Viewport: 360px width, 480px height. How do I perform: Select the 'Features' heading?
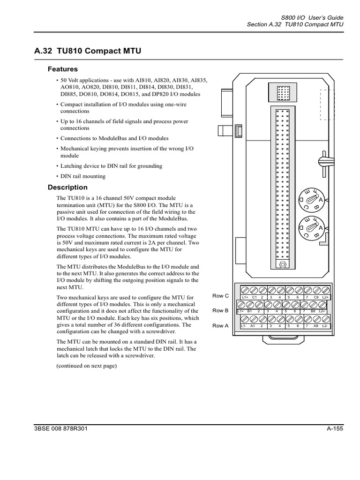pyautogui.click(x=63, y=69)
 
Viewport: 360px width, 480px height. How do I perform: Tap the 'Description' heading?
pyautogui.click(x=67, y=187)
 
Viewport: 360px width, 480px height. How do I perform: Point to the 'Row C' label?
pyautogui.click(x=220, y=296)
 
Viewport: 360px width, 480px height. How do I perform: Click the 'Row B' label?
pyautogui.click(x=220, y=310)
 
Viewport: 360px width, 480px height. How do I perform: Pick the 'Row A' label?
pyautogui.click(x=220, y=325)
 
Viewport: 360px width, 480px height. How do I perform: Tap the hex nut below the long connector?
pyautogui.click(x=283, y=264)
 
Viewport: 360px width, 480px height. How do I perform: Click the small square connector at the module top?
pyautogui.click(x=283, y=93)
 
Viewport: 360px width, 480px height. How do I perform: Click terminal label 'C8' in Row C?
pyautogui.click(x=316, y=297)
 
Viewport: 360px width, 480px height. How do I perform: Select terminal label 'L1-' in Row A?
pyautogui.click(x=244, y=326)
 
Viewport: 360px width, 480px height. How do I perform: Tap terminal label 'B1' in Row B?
pyautogui.click(x=250, y=311)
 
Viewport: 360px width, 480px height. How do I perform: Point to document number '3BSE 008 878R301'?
pyautogui.click(x=61, y=429)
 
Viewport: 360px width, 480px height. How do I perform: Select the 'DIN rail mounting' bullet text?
pyautogui.click(x=83, y=176)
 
